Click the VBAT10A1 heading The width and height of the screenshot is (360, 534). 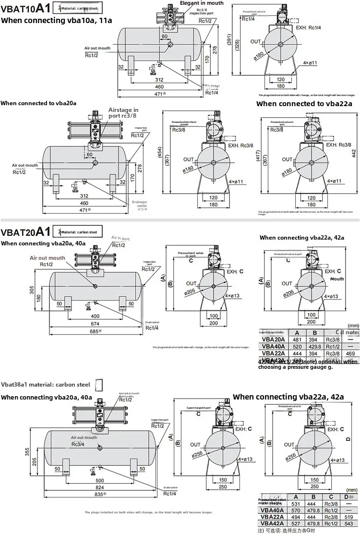[x=25, y=8]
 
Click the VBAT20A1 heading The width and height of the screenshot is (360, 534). [x=25, y=232]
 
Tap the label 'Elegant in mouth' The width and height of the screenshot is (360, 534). [x=202, y=3]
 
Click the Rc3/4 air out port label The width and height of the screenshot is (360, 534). [x=78, y=444]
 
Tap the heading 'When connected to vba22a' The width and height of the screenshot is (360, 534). [x=304, y=104]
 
